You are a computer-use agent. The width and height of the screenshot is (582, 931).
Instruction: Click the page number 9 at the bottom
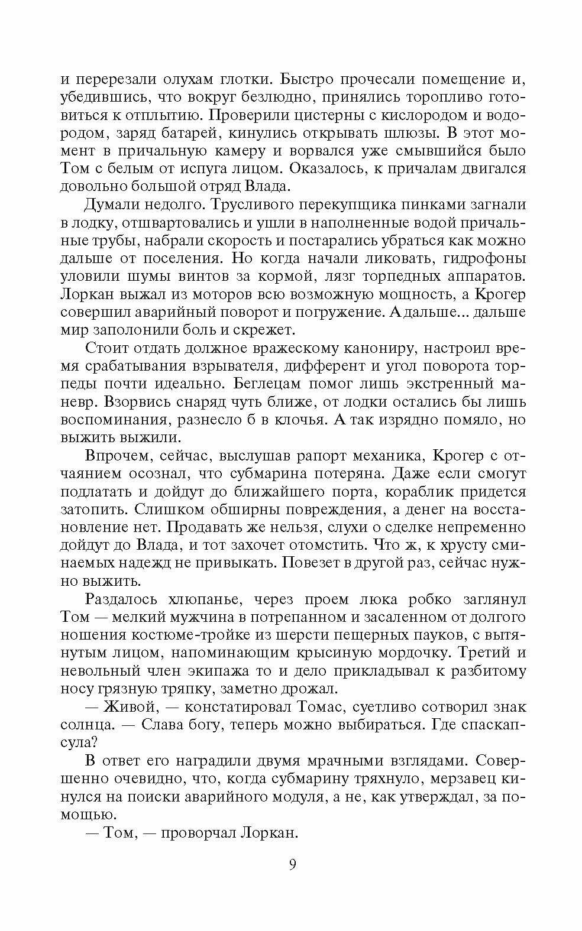[x=292, y=865]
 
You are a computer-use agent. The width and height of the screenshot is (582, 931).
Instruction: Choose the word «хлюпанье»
[x=204, y=599]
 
